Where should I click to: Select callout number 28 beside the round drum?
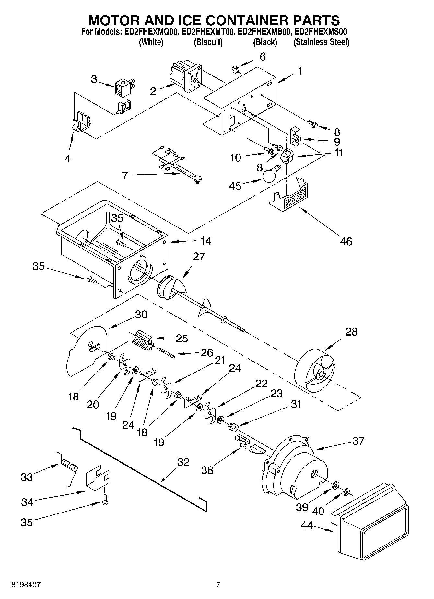(351, 332)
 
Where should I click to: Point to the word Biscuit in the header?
(208, 42)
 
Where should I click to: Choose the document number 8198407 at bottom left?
(26, 585)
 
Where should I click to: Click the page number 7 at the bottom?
(218, 585)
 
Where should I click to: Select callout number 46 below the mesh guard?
(346, 241)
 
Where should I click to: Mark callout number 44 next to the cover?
(307, 525)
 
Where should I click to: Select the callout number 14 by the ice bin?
(206, 241)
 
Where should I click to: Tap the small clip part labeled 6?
(236, 69)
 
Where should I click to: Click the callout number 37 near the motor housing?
(358, 441)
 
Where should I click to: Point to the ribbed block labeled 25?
(143, 340)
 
